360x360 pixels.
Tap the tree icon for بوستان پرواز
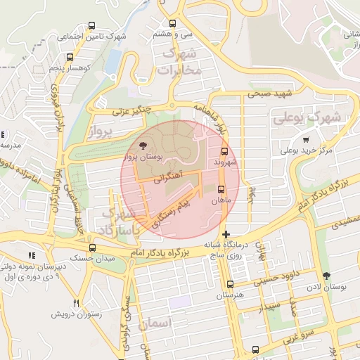(x=143, y=146)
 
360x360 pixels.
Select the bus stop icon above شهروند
(x=225, y=150)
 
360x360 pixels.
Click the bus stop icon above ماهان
(x=221, y=189)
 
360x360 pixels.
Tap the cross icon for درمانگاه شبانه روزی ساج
(x=225, y=233)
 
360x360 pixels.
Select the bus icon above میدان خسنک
(x=92, y=247)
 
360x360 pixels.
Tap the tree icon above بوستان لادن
(x=326, y=276)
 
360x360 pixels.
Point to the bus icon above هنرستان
(x=230, y=284)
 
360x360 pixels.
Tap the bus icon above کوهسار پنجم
(x=69, y=57)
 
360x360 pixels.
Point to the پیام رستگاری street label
(x=172, y=212)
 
